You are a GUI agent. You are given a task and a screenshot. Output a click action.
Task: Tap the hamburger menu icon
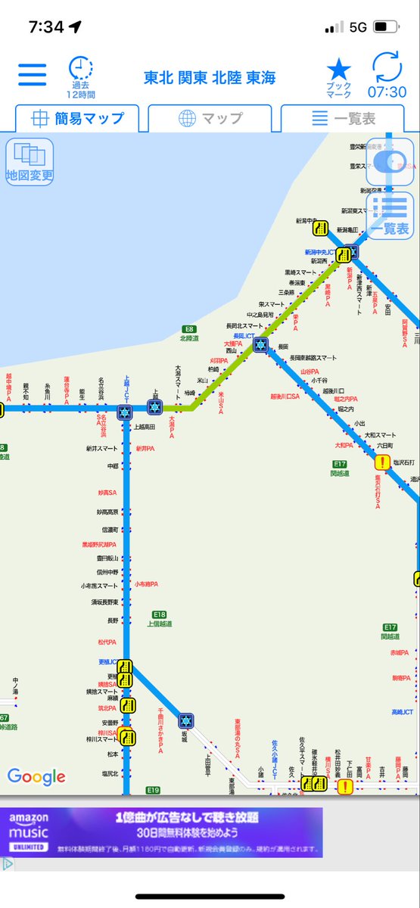33,75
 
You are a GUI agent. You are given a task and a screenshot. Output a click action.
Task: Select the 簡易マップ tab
77,119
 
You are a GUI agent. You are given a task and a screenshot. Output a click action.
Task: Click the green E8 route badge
189,329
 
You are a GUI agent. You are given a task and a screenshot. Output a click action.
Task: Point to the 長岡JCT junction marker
261,345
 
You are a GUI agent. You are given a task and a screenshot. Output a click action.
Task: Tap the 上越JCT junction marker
125,412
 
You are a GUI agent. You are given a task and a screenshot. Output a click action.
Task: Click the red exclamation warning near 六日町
382,462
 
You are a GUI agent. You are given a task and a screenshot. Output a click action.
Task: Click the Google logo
36,776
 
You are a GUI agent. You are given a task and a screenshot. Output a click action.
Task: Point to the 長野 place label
113,620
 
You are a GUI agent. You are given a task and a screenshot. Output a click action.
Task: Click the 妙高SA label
107,493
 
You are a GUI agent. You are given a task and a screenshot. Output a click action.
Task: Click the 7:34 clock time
46,27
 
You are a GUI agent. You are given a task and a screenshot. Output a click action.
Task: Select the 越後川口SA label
285,396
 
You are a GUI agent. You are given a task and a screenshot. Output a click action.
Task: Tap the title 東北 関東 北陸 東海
210,78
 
